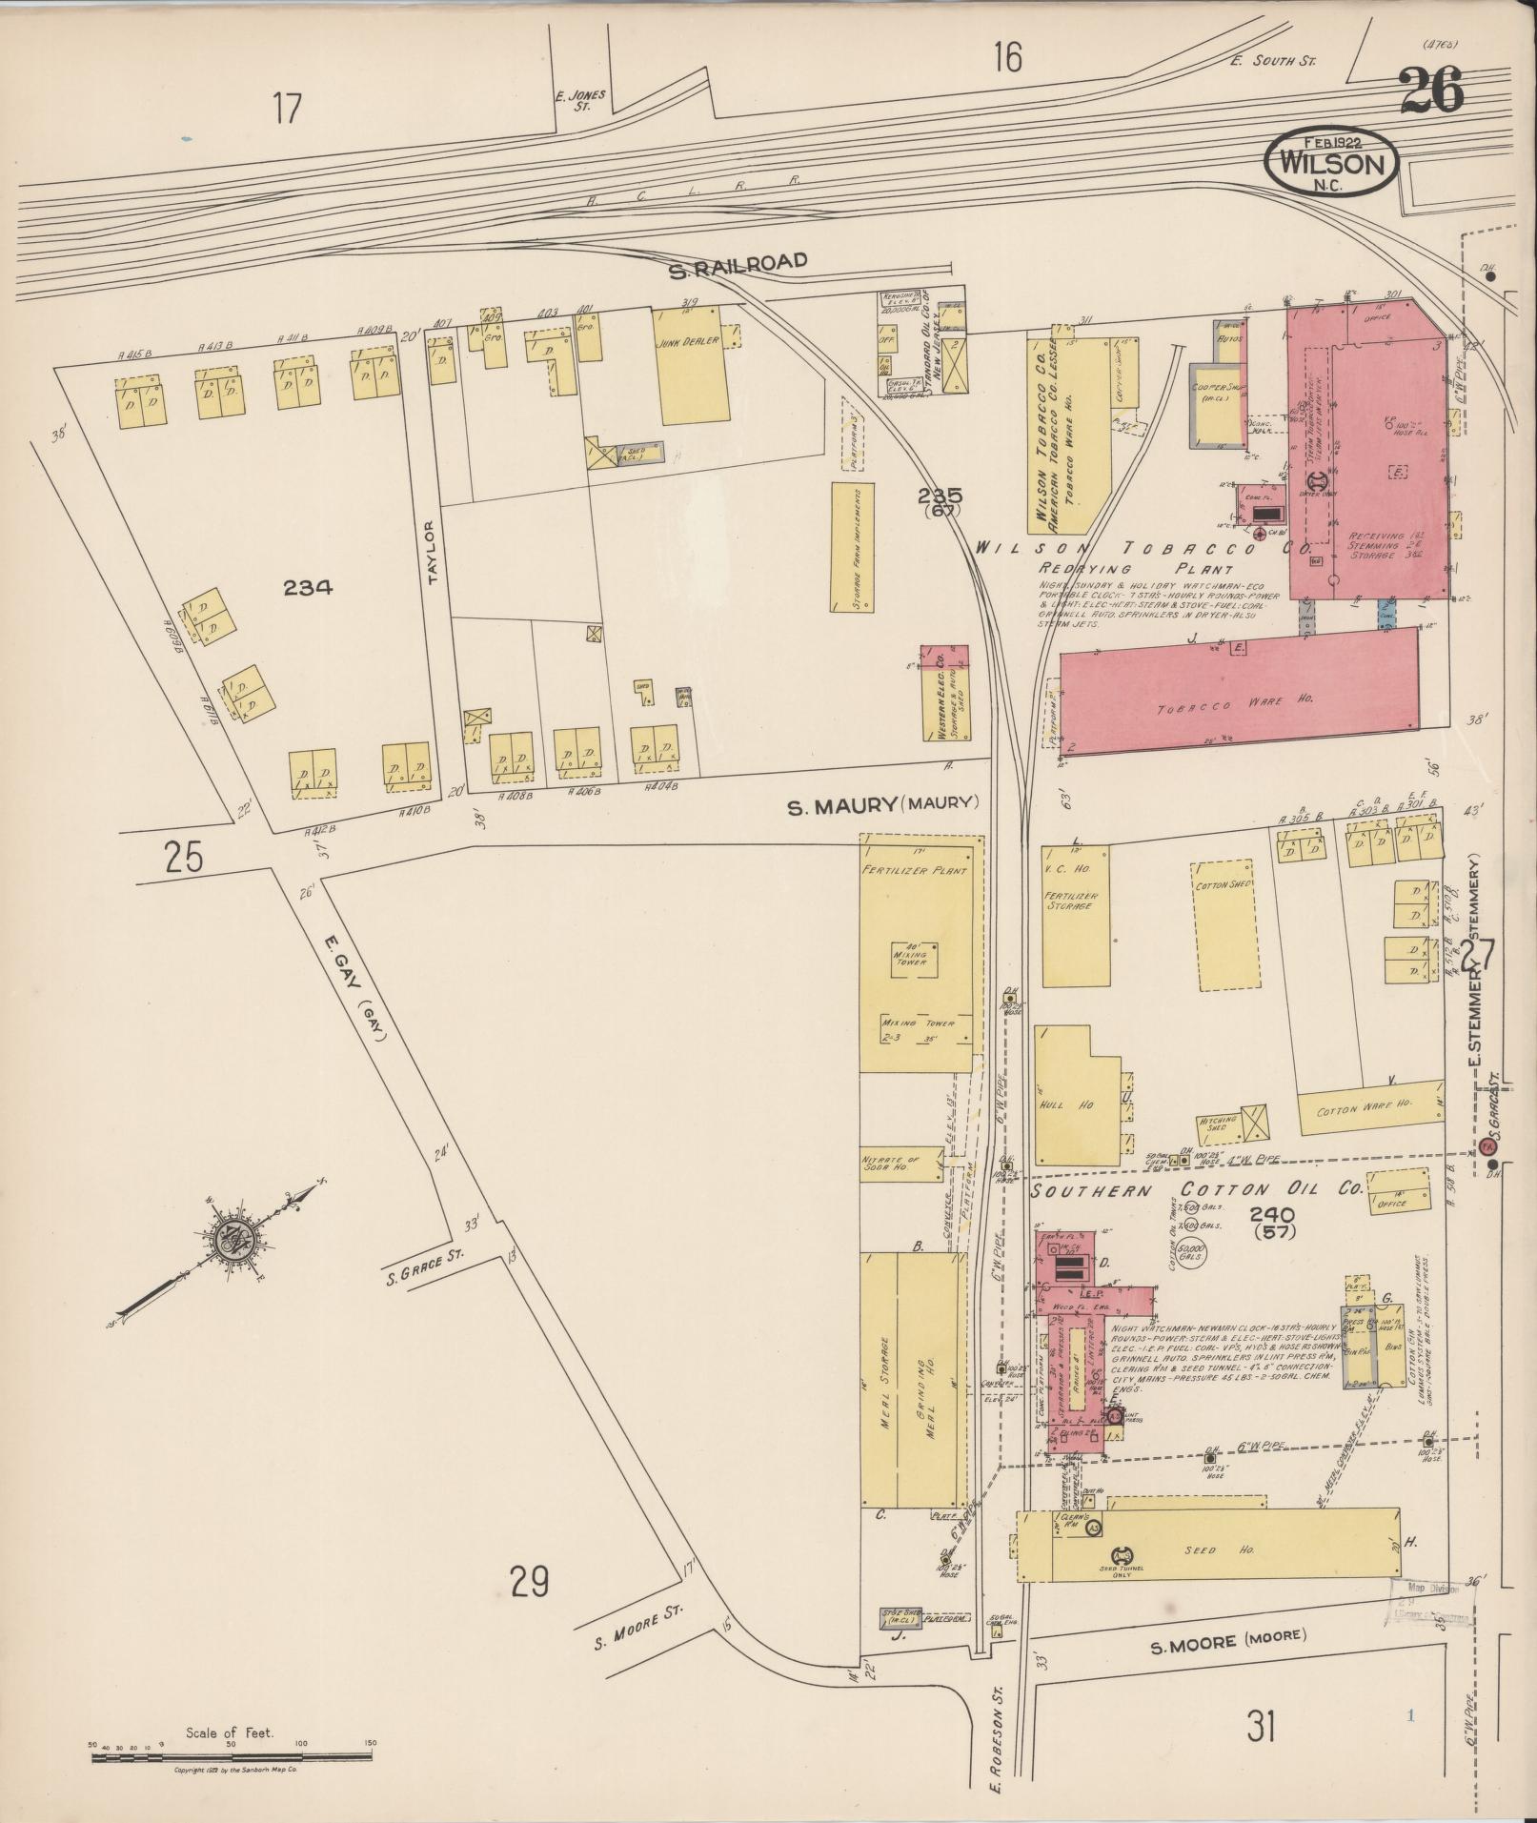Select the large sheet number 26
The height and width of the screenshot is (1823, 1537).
click(1432, 93)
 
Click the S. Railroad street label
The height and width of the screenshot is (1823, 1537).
click(738, 266)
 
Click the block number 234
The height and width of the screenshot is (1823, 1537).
click(307, 588)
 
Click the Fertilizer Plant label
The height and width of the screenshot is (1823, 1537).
click(915, 871)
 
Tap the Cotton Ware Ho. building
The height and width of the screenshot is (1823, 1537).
click(1369, 1108)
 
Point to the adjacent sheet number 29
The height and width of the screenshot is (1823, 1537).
click(529, 1583)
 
